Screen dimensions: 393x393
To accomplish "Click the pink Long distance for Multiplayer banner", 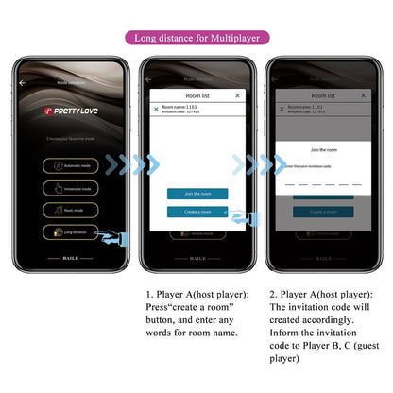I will tap(196, 38).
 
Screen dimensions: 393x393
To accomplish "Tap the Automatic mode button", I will tap(74, 164).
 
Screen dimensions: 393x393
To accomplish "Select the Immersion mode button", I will tap(74, 187).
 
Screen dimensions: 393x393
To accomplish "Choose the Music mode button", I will tap(74, 209).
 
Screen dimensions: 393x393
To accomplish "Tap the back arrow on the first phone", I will tap(23, 83).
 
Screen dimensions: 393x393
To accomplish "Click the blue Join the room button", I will tap(196, 194).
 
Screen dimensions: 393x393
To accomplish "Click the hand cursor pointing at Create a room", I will tap(239, 218).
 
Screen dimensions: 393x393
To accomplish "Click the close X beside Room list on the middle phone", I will tap(237, 95).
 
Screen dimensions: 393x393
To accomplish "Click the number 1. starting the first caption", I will tap(150, 295).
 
